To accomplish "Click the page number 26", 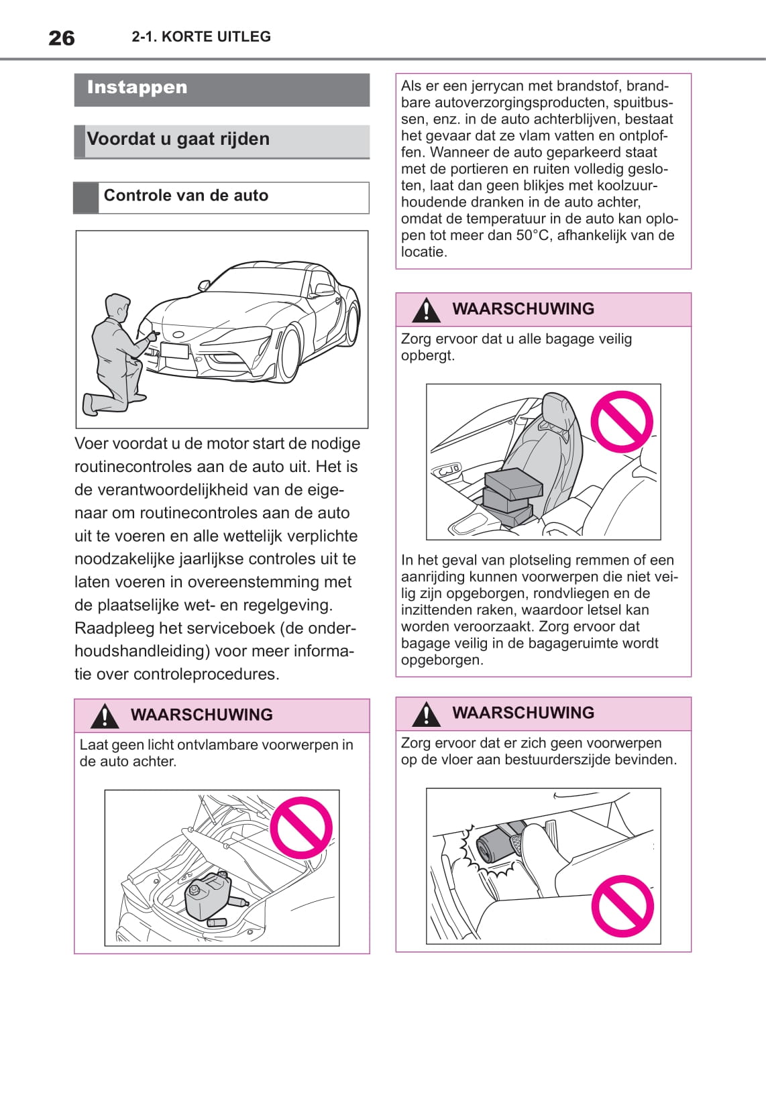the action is pyautogui.click(x=62, y=38).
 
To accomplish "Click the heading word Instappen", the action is pyautogui.click(x=137, y=88).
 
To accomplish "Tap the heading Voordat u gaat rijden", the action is pyautogui.click(x=178, y=139).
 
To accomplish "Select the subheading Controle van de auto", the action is pyautogui.click(x=186, y=196).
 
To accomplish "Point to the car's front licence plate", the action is pyautogui.click(x=174, y=350).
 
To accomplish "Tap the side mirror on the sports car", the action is pyautogui.click(x=203, y=285).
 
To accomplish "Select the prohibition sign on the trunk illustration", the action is pyautogui.click(x=302, y=828).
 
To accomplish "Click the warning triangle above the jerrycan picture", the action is pyautogui.click(x=105, y=716).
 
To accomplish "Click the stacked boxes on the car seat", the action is pyautogui.click(x=510, y=497).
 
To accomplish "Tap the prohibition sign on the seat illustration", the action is pyautogui.click(x=622, y=421).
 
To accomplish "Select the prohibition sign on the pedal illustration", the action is pyautogui.click(x=623, y=906).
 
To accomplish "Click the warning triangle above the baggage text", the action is pyautogui.click(x=427, y=310).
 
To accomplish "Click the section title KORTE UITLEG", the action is pyautogui.click(x=216, y=37).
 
